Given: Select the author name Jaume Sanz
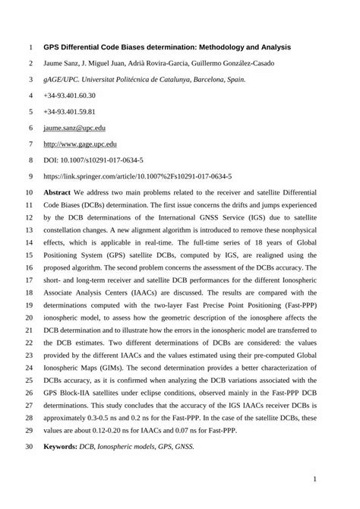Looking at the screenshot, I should (63, 63).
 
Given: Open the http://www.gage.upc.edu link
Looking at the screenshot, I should (80, 144).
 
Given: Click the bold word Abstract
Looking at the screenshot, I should (58, 193).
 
